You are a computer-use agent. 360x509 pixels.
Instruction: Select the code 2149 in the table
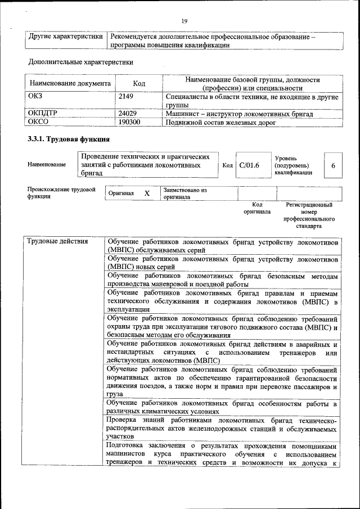click(x=125, y=97)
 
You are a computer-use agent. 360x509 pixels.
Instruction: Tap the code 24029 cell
click(x=128, y=113)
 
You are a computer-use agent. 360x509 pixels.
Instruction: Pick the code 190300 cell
click(x=129, y=121)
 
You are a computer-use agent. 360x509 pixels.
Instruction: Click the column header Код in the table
click(x=139, y=84)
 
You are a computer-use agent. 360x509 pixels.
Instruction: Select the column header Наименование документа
click(x=70, y=84)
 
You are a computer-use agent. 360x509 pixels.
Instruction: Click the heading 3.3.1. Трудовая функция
click(x=68, y=139)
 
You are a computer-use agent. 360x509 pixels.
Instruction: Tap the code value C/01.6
click(x=249, y=165)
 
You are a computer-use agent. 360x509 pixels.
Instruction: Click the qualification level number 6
click(x=333, y=166)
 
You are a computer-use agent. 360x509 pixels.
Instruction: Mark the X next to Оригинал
click(x=147, y=193)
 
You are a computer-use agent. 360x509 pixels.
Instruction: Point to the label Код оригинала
click(x=257, y=209)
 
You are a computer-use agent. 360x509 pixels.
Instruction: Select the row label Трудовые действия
click(x=58, y=242)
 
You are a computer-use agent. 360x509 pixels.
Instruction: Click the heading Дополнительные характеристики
click(x=80, y=62)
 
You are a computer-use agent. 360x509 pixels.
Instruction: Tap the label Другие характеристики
click(x=66, y=37)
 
